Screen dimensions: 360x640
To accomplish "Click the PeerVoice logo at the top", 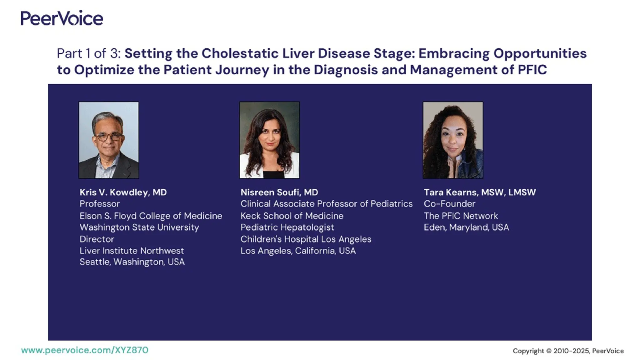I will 62,18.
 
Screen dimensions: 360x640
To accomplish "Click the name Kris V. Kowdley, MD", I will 123,192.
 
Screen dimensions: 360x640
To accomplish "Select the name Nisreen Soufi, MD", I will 279,192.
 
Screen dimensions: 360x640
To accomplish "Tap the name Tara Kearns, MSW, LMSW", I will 479,192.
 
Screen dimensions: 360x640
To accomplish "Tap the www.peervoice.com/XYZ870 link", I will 85,350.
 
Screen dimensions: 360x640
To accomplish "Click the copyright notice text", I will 568,351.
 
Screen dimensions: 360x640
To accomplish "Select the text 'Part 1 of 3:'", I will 88,53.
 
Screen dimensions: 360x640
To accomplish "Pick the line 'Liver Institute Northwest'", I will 132,251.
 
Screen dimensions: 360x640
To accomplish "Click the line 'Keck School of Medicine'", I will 292,216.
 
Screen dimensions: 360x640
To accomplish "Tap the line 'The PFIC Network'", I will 461,216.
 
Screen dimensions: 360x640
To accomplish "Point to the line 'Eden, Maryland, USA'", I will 466,227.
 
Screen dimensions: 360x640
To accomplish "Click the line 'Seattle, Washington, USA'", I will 132,262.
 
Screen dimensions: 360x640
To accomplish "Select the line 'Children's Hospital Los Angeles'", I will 306,239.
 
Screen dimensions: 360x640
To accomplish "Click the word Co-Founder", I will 449,204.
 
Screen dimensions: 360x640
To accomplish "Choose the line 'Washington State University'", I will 139,227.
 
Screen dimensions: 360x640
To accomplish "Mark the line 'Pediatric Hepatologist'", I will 287,227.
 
